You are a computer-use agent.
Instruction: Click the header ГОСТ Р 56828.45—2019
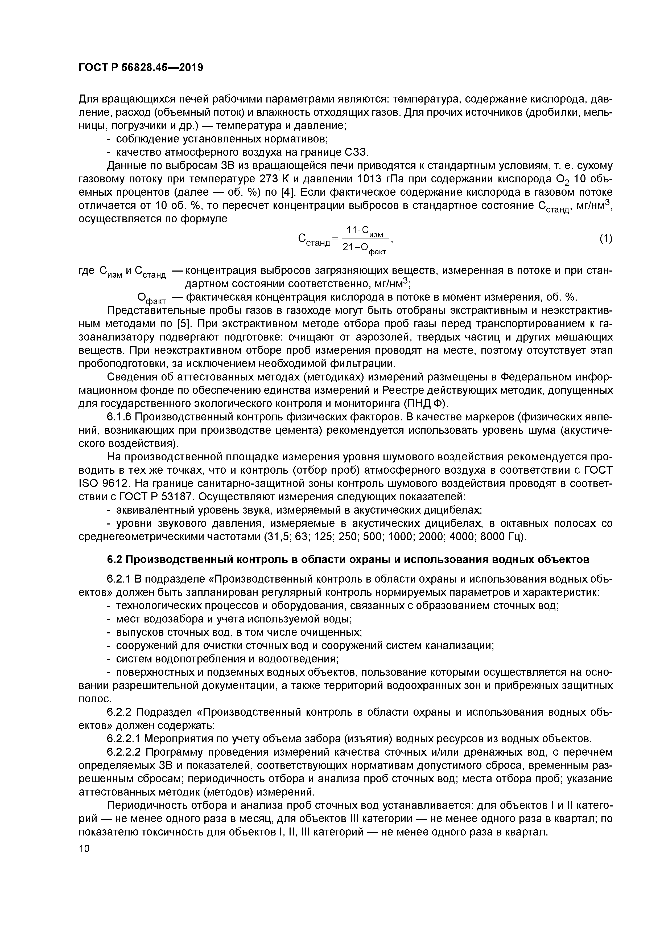[140, 68]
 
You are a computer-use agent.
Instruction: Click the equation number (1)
[605, 238]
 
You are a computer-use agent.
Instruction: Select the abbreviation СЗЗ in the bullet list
[356, 152]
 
